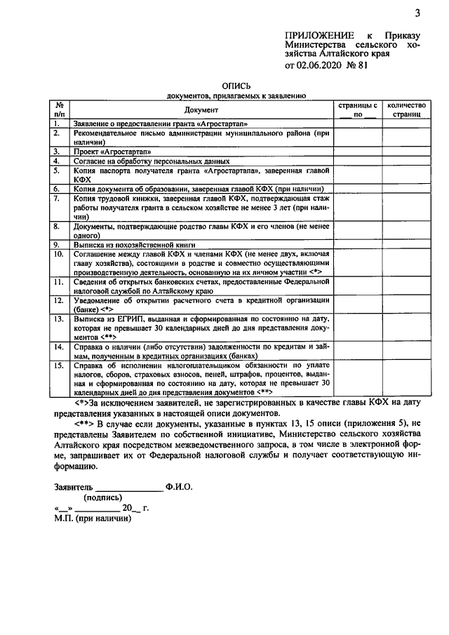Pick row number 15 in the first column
pos(59,365)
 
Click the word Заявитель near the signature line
pos(74,486)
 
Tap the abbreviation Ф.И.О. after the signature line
pos(179,486)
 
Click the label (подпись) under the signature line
pos(104,497)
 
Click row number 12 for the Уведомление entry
pos(59,300)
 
